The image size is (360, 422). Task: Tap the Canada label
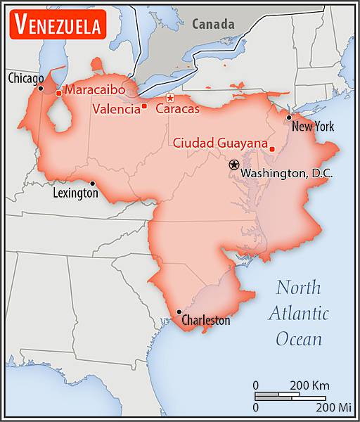point(213,24)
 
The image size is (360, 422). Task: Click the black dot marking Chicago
point(41,88)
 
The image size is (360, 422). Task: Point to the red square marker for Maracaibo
point(58,93)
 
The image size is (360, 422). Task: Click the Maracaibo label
point(95,90)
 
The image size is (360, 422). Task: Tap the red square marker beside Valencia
point(144,107)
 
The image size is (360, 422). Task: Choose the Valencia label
point(116,109)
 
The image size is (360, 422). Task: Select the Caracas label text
point(177,109)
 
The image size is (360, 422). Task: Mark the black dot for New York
point(288,117)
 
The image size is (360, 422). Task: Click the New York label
point(313,127)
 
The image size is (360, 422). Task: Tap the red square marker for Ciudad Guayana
point(271,148)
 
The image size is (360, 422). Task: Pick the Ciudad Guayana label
point(220,143)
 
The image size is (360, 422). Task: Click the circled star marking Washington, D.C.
point(233,165)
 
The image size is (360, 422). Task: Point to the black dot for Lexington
point(92,183)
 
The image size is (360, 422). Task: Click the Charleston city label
point(205,321)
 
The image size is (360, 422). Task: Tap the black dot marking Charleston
point(179,312)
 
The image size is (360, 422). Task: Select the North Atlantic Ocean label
point(298,313)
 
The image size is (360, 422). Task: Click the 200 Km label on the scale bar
point(310,385)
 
